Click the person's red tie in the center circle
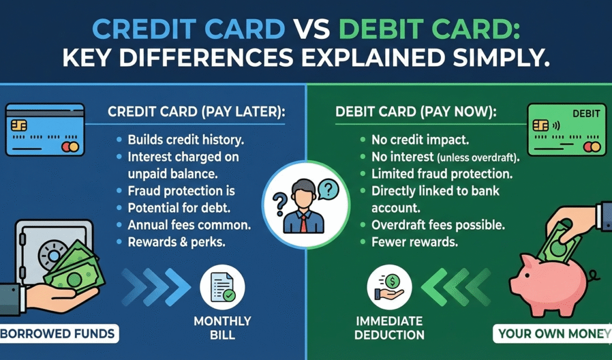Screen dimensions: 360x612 304,223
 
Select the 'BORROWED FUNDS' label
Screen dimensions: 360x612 58,334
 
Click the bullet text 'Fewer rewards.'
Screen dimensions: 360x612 415,243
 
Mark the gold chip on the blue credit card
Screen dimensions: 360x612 19,125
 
